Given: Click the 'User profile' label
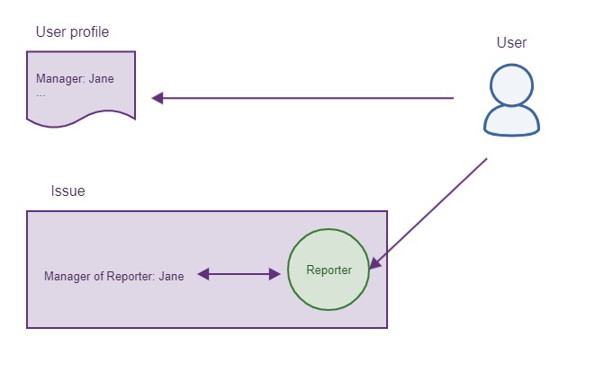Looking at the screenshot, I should [x=72, y=33].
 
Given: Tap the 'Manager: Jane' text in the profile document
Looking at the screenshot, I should [x=75, y=78].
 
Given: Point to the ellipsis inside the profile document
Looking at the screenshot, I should [x=41, y=93].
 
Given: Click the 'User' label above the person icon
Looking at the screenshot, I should [x=511, y=43].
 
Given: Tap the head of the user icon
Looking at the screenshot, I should [x=511, y=86].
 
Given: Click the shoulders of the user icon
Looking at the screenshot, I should [x=512, y=122].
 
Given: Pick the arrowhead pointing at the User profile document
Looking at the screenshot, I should [x=157, y=98].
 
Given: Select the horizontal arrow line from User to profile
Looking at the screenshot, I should [x=306, y=98].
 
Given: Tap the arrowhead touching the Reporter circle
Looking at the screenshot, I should [x=374, y=264].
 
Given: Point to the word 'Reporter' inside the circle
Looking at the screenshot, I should [x=329, y=270].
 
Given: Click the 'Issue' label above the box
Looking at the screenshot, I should [x=68, y=191].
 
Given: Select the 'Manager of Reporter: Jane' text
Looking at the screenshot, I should [x=113, y=276].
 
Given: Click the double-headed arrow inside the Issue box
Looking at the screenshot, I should [x=239, y=274].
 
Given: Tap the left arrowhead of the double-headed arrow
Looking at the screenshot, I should [x=203, y=274].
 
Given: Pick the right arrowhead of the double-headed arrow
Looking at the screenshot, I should [x=275, y=274].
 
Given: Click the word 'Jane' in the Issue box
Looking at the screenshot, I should [x=171, y=276].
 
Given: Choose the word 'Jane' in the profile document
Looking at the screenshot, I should [x=101, y=78].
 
